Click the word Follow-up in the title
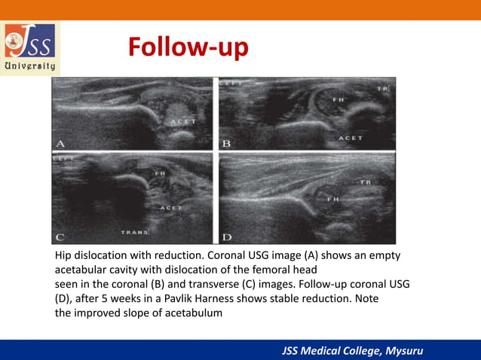[188, 47]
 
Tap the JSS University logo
[30, 47]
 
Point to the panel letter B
[226, 142]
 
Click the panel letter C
[60, 238]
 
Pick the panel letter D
[226, 238]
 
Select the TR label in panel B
[382, 89]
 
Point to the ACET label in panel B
[350, 139]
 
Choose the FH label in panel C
[159, 173]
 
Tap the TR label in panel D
[366, 183]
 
